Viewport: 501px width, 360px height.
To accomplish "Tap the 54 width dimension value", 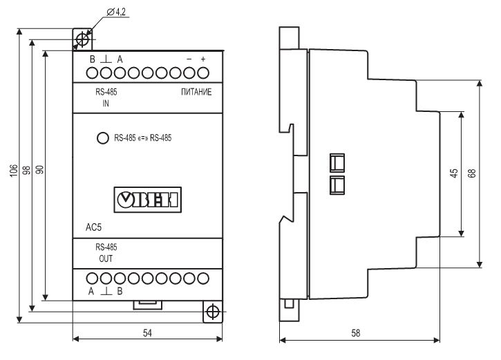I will coord(147,332).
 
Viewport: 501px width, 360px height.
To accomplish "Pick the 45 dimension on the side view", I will coord(454,173).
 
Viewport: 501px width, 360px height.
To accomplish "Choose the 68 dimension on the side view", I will coord(472,173).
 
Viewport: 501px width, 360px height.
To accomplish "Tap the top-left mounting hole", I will coord(83,39).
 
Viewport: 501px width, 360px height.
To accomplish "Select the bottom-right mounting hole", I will coord(212,310).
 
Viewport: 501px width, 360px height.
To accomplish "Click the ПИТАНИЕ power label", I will coord(196,92).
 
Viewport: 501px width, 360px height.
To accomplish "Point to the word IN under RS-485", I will coord(106,104).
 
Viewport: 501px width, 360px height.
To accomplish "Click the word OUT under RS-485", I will coord(106,258).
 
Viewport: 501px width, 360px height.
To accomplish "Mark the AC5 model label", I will coord(95,227).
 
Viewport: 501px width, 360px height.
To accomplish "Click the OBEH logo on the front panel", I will coord(147,200).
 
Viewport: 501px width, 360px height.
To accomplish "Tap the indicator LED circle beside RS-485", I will coord(102,138).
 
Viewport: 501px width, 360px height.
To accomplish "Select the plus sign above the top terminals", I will coord(203,59).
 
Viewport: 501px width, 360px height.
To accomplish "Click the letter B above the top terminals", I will coord(92,59).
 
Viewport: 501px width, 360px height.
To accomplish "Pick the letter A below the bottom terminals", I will coord(91,292).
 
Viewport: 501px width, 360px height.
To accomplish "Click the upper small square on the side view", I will coord(337,162).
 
